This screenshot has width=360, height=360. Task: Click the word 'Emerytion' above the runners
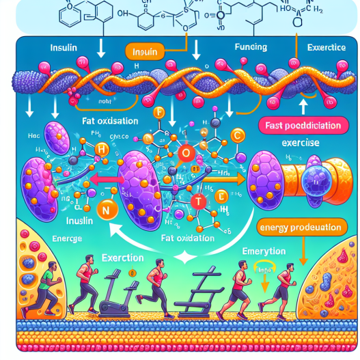click(x=263, y=252)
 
